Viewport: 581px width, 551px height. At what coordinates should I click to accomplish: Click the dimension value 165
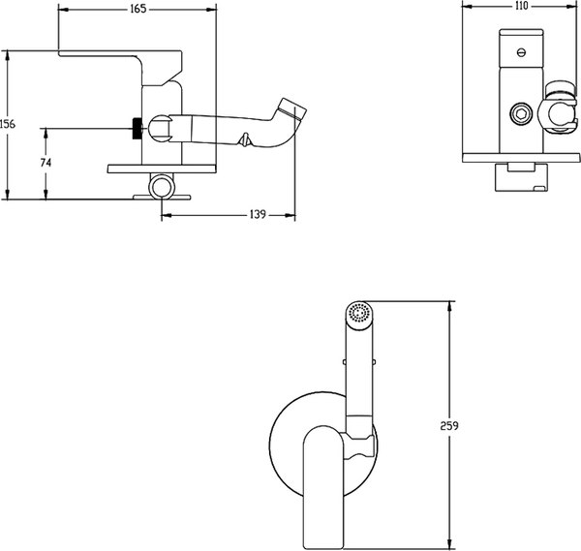pyautogui.click(x=138, y=9)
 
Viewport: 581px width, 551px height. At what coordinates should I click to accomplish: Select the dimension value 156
pyautogui.click(x=8, y=124)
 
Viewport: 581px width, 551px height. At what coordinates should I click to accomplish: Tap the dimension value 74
pyautogui.click(x=46, y=163)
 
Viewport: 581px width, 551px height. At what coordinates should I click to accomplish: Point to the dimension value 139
pyautogui.click(x=258, y=214)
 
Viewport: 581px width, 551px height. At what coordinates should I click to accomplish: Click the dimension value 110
pyautogui.click(x=521, y=6)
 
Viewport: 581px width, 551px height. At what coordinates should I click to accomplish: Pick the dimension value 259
pyautogui.click(x=449, y=426)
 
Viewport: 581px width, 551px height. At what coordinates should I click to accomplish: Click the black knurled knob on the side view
pyautogui.click(x=138, y=129)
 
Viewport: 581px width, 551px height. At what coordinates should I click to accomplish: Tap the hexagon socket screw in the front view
pyautogui.click(x=521, y=113)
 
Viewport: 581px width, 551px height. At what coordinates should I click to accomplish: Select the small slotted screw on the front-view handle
pyautogui.click(x=521, y=52)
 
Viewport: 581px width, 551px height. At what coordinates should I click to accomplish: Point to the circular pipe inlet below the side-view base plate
pyautogui.click(x=162, y=187)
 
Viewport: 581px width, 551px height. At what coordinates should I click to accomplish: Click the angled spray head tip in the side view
pyautogui.click(x=292, y=108)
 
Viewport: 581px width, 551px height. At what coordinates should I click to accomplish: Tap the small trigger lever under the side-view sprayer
pyautogui.click(x=245, y=139)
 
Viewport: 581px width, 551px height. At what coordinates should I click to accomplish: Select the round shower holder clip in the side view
pyautogui.click(x=160, y=128)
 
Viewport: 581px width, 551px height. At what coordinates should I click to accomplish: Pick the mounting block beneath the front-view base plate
pyautogui.click(x=521, y=177)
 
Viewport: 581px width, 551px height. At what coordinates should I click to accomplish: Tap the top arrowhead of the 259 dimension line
pyautogui.click(x=449, y=306)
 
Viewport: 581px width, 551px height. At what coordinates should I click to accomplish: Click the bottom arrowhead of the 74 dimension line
pyautogui.click(x=46, y=194)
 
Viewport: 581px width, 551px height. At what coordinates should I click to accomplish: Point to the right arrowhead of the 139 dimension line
pyautogui.click(x=290, y=215)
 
